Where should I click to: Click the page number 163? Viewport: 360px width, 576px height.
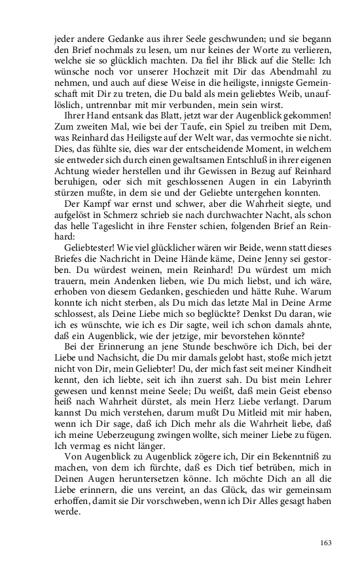tap(327, 543)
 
